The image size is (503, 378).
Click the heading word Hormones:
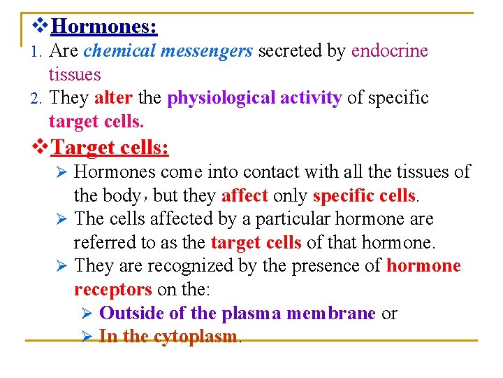[x=104, y=27]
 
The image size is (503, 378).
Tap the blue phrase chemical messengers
[x=168, y=51]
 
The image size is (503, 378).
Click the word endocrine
[x=390, y=51]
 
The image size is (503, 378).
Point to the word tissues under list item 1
[x=75, y=74]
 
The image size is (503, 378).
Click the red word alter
[x=112, y=98]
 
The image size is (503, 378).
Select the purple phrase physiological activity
[x=254, y=98]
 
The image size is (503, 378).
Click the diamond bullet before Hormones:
[x=41, y=27]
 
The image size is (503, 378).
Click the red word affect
[x=245, y=195]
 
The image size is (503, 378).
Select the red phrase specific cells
[x=365, y=195]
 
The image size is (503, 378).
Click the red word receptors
[x=112, y=290]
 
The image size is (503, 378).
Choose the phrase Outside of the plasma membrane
[x=238, y=314]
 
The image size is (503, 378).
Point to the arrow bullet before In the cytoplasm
[x=87, y=337]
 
